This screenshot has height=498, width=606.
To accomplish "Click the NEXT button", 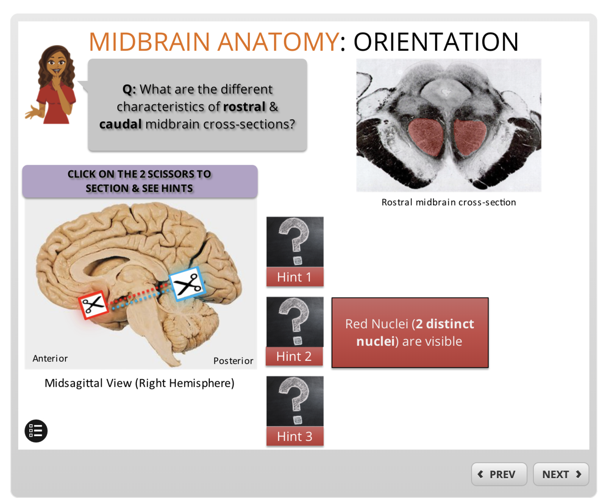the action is [x=561, y=474].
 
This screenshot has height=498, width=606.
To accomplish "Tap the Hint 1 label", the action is [x=294, y=277].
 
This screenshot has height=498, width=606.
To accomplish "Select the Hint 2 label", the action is [x=294, y=356].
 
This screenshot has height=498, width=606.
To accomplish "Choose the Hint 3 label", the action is [x=294, y=436].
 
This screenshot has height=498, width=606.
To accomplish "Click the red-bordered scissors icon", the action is [x=94, y=304].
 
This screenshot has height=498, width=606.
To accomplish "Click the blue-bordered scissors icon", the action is [x=187, y=284].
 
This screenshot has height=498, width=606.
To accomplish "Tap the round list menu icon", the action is [x=36, y=431].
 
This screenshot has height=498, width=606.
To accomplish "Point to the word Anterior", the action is [x=50, y=359].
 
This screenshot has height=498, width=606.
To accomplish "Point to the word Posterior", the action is [x=233, y=361].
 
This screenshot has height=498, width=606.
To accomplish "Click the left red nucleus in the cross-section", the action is [x=426, y=137].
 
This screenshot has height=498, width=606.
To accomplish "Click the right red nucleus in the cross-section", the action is [x=469, y=135].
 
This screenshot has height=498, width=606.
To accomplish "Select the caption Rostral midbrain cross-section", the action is [x=448, y=202].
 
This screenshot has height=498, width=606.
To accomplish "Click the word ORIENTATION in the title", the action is [x=436, y=42].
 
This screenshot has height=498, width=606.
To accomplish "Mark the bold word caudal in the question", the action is [x=120, y=124].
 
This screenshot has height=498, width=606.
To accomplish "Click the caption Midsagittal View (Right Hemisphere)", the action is [x=139, y=383].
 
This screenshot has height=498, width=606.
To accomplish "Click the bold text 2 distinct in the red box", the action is [x=445, y=324].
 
